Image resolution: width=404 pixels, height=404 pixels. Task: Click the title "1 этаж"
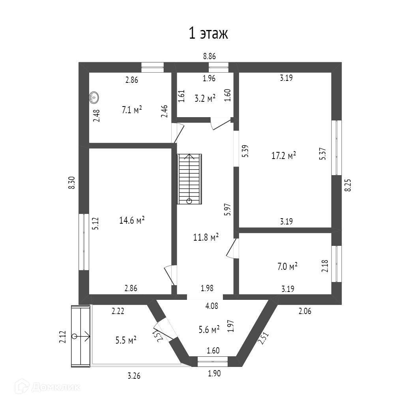209,34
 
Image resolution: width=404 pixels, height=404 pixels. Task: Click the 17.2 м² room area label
284,156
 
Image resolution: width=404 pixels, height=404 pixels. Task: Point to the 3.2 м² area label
205,98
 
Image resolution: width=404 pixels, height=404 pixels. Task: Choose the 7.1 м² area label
132,110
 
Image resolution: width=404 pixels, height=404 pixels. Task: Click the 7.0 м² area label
287,267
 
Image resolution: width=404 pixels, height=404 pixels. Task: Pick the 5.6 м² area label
209,330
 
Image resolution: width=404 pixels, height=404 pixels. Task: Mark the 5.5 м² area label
126,340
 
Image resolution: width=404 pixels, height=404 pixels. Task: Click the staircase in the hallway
189,179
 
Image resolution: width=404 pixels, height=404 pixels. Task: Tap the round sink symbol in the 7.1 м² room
94,96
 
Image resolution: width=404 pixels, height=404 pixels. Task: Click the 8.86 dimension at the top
209,57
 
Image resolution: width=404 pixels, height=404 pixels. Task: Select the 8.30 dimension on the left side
72,183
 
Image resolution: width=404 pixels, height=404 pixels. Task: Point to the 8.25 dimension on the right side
348,184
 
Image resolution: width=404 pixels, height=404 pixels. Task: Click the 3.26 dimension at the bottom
133,376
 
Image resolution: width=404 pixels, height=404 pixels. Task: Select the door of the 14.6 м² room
170,275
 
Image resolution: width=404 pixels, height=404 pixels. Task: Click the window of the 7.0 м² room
336,264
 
